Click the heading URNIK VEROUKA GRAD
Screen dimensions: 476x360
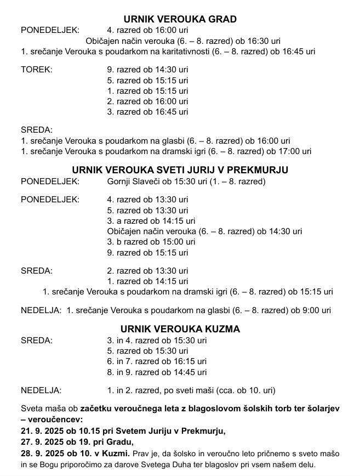pyautogui.click(x=180, y=19)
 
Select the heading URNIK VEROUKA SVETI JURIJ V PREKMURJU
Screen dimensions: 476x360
pyautogui.click(x=180, y=169)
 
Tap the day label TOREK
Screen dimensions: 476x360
pyautogui.click(x=36, y=70)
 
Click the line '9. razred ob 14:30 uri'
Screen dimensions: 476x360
pyautogui.click(x=147, y=70)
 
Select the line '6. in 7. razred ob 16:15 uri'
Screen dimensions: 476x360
pyautogui.click(x=157, y=361)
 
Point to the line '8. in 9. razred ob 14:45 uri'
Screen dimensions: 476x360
pyautogui.click(x=157, y=372)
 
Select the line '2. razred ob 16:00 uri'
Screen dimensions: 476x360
pyautogui.click(x=147, y=101)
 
